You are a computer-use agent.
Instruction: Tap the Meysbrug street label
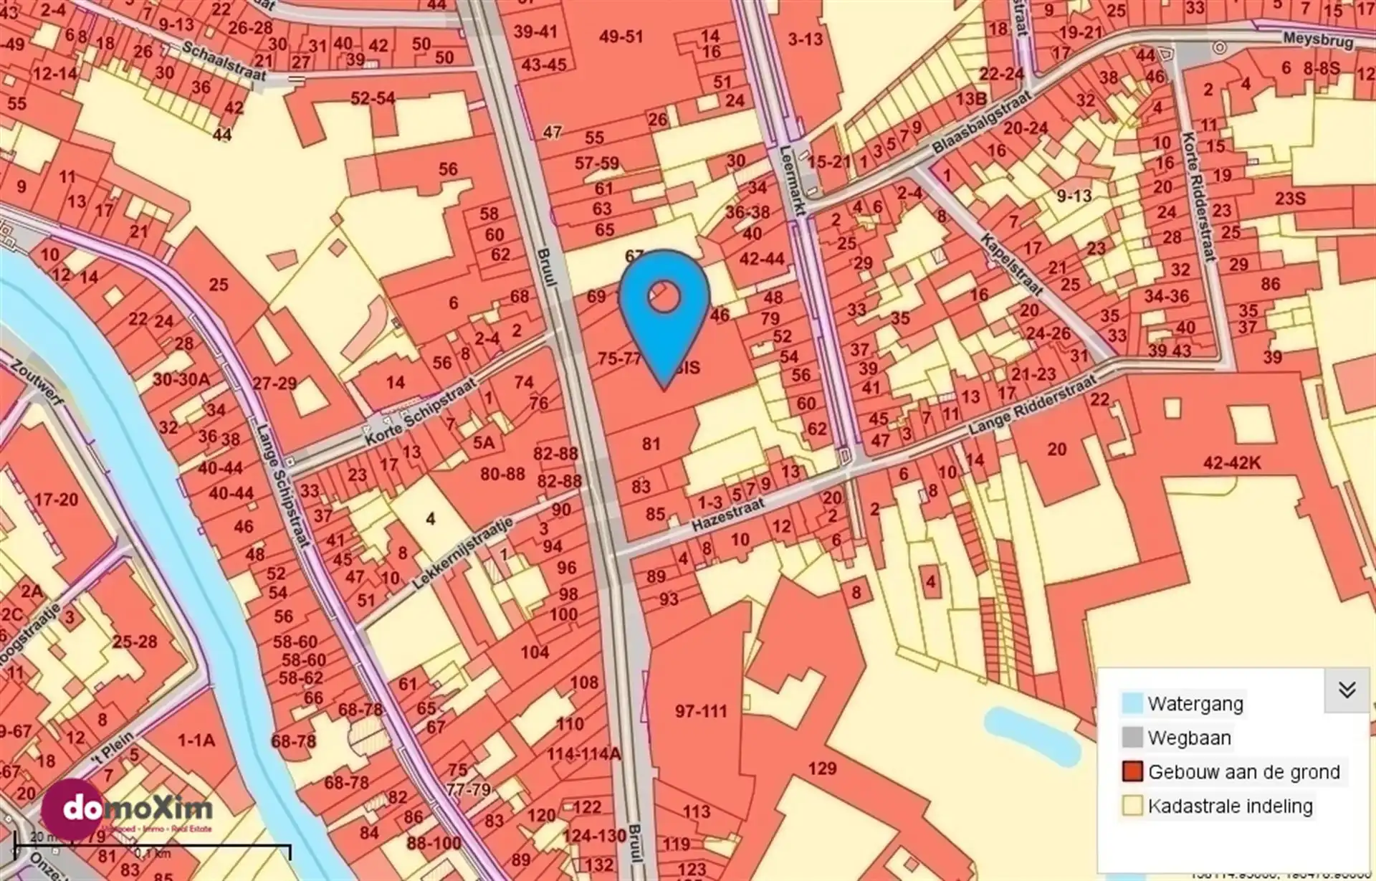point(1318,40)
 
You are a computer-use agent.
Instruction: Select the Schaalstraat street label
point(224,62)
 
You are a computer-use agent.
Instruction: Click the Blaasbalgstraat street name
point(982,123)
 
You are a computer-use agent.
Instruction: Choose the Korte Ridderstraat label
point(1198,196)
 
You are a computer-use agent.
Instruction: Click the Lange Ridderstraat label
point(1032,406)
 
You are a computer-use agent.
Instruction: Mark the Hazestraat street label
point(728,515)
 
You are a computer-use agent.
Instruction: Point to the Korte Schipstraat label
point(420,413)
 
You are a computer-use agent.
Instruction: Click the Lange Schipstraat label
point(283,487)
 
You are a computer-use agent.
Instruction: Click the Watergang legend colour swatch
point(1132,703)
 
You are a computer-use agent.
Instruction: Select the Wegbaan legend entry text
point(1189,738)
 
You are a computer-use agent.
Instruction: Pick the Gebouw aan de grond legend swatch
point(1132,772)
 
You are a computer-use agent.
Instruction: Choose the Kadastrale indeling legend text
point(1230,806)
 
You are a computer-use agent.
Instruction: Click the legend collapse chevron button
point(1347,690)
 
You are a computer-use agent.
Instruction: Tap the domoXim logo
point(129,811)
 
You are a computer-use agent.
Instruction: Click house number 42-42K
point(1231,463)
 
